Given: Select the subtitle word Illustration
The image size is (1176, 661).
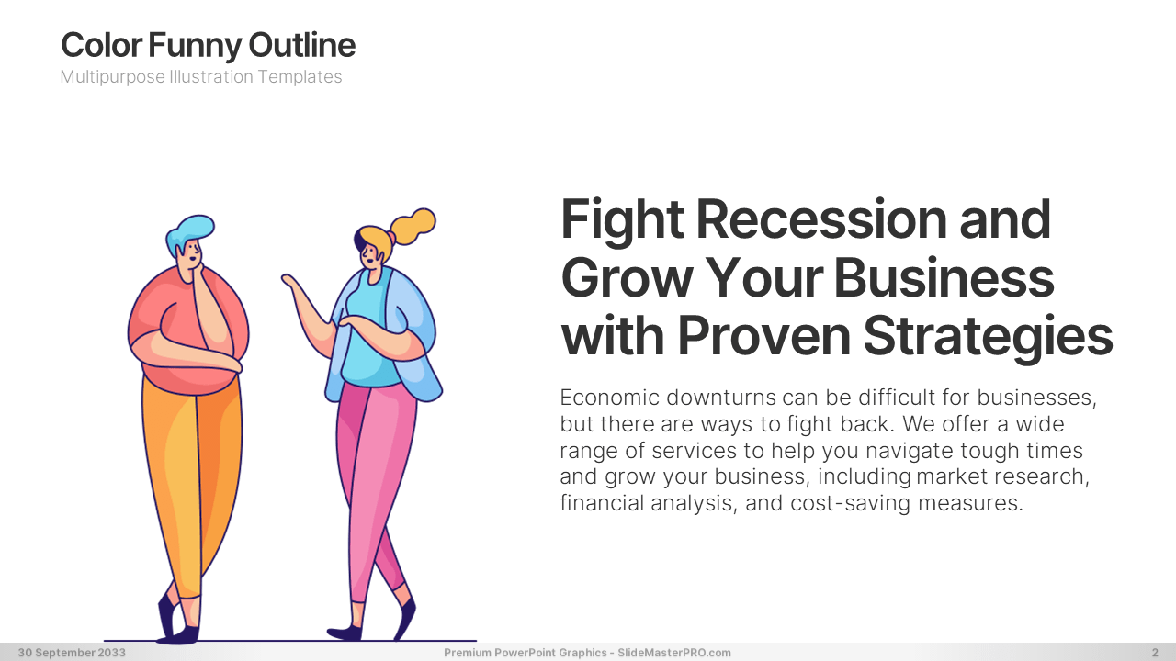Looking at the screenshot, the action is [210, 76].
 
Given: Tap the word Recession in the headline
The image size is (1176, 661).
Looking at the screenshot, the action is [821, 218].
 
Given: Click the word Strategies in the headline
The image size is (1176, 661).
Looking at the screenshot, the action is [988, 337].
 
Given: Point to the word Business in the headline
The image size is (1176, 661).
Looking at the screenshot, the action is [944, 277].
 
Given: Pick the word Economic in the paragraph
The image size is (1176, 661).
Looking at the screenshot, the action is [609, 398].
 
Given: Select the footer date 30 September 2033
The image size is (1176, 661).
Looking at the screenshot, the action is [72, 653].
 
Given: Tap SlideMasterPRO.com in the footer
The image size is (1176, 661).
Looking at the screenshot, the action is [674, 653].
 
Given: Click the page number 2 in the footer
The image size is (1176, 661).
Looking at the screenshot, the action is [1155, 653].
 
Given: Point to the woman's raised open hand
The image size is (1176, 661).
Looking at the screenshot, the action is [292, 285].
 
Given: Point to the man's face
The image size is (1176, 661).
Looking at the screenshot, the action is [189, 258].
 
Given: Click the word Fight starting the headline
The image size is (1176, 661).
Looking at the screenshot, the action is [622, 220].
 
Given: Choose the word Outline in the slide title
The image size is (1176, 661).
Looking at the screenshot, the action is [302, 45].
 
